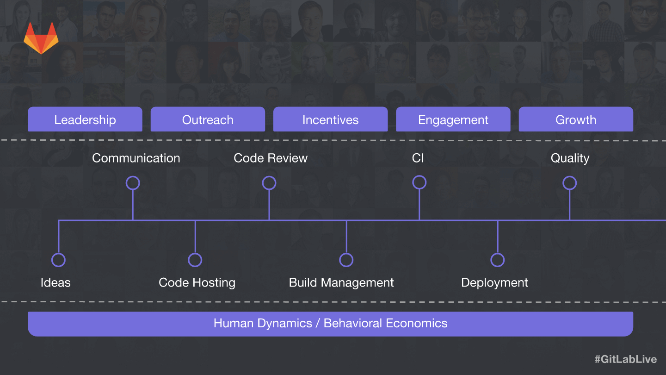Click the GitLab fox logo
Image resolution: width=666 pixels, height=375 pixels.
click(41, 38)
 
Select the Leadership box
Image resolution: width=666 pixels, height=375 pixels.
click(85, 119)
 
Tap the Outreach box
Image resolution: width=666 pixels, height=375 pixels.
click(208, 119)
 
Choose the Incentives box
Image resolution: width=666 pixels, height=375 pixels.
click(330, 119)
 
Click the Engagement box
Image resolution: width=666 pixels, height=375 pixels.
click(453, 119)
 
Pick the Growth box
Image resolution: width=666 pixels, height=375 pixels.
click(576, 119)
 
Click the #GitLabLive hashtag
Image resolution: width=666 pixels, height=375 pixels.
click(626, 359)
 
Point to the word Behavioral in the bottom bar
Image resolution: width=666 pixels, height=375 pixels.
click(351, 323)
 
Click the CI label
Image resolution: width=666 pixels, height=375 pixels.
click(418, 158)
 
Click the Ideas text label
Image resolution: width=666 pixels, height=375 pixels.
click(55, 283)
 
